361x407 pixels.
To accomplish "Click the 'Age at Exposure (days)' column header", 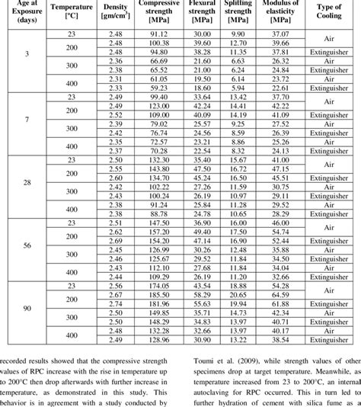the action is (24, 14).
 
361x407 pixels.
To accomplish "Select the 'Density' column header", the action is (113, 15).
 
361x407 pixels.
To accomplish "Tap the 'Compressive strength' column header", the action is (158, 14).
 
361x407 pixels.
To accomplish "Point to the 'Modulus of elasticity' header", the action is (281, 14).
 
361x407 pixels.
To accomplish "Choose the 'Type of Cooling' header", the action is (332, 14).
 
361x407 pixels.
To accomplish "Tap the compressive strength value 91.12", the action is (158, 36).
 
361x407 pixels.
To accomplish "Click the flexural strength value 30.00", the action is (201, 36).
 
